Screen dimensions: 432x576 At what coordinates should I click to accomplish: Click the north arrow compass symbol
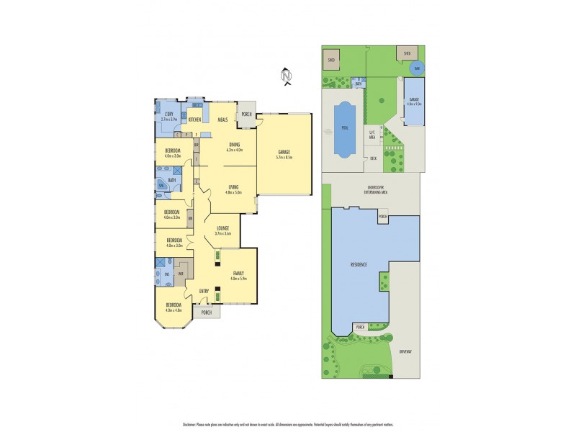(x=286, y=75)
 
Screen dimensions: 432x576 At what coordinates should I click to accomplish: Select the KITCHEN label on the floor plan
(x=194, y=119)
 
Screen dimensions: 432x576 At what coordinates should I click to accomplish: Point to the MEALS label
(x=222, y=119)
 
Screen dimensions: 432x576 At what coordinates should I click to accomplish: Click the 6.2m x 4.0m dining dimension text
(x=235, y=150)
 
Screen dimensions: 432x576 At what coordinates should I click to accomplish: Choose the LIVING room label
(x=232, y=187)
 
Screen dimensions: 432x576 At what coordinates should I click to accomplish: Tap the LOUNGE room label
(x=222, y=228)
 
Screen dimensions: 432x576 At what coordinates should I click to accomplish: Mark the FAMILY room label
(x=238, y=271)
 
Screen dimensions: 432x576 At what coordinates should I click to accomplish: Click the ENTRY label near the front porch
(x=204, y=290)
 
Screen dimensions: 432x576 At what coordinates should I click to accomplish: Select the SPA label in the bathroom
(x=161, y=186)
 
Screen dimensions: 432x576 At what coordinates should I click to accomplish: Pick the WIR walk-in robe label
(x=181, y=274)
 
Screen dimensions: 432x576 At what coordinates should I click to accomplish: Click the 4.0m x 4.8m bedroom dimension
(x=174, y=310)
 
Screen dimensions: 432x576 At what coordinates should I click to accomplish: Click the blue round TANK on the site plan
(x=416, y=68)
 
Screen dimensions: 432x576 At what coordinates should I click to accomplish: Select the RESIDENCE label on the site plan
(x=359, y=265)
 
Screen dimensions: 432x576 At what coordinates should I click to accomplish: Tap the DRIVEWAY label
(x=408, y=350)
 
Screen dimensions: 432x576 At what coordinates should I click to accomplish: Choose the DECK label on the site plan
(x=373, y=157)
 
